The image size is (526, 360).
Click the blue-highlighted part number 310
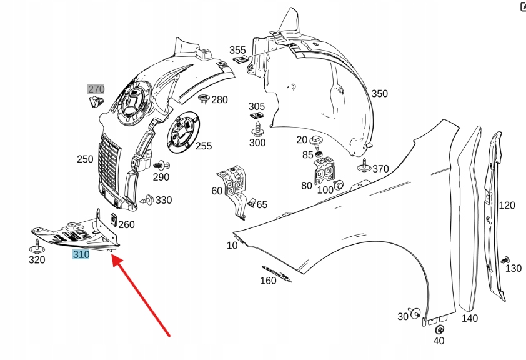click(x=81, y=254)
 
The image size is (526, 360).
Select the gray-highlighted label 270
click(x=96, y=89)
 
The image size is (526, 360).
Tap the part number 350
click(x=379, y=94)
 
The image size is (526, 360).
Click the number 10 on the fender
click(x=232, y=246)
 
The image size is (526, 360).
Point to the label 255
click(x=203, y=146)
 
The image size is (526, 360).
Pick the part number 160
click(x=268, y=281)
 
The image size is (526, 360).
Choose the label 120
click(x=507, y=205)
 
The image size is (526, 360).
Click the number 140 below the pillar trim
click(x=470, y=318)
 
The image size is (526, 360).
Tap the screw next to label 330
click(x=147, y=201)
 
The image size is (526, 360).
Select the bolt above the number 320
click(x=37, y=244)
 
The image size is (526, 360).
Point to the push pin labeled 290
click(x=160, y=166)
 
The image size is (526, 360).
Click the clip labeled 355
click(x=240, y=61)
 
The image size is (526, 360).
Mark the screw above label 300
click(x=257, y=130)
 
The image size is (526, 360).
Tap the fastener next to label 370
click(x=364, y=167)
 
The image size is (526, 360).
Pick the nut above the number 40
click(x=439, y=329)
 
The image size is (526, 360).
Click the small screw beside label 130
click(x=505, y=259)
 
